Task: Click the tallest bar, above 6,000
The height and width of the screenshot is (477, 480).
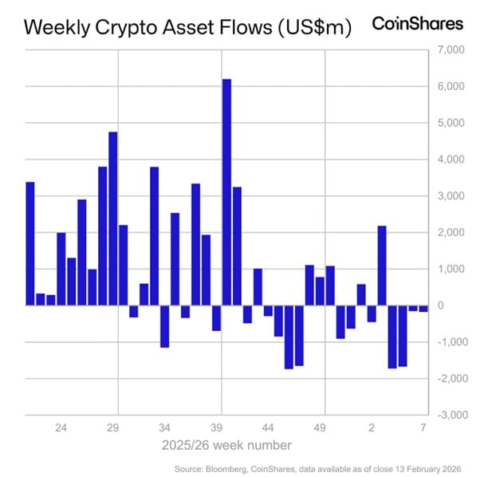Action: (x=226, y=191)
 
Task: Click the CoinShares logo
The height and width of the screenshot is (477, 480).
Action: (x=417, y=24)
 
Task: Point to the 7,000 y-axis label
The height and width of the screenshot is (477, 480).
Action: (x=451, y=50)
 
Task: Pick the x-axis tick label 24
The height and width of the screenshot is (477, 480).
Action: (x=61, y=428)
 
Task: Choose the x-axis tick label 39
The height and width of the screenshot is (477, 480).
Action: (x=216, y=428)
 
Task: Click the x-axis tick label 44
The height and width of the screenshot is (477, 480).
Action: (x=268, y=428)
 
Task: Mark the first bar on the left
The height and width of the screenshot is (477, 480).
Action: (x=30, y=243)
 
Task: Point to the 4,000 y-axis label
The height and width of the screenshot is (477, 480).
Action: (x=451, y=160)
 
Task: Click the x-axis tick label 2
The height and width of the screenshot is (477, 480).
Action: (x=372, y=428)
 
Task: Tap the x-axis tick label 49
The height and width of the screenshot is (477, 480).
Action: (x=320, y=428)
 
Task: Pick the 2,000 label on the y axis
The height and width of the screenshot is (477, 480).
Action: (x=451, y=233)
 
